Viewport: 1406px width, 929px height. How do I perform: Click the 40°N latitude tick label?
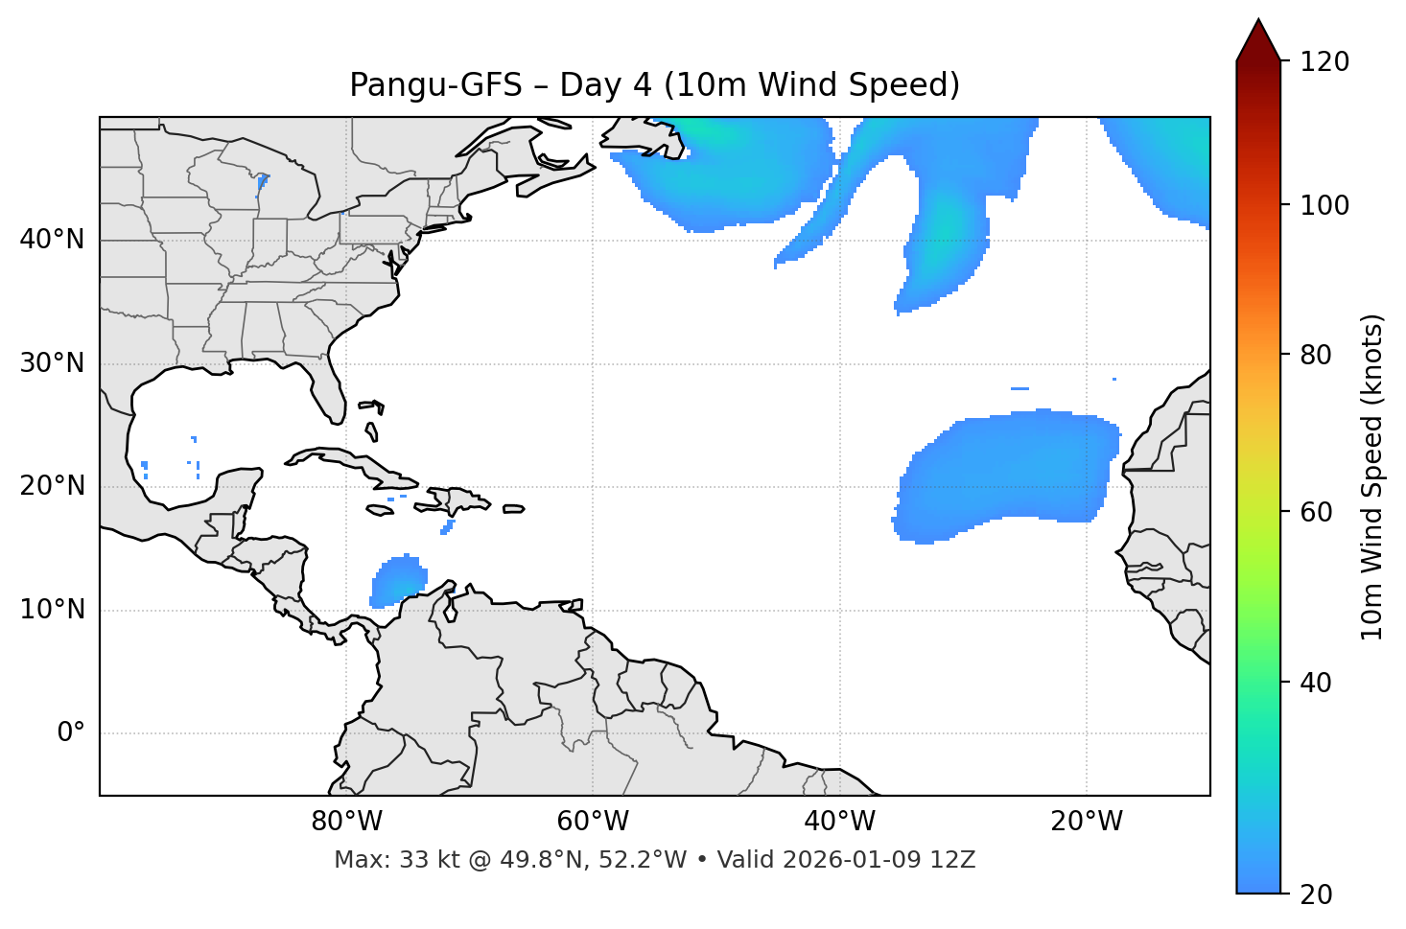click(x=52, y=240)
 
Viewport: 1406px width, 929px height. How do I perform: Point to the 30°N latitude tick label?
click(x=52, y=363)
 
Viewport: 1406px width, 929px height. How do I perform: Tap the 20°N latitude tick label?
click(x=52, y=486)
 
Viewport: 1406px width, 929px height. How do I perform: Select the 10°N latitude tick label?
click(x=52, y=610)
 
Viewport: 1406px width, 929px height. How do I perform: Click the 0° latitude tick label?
click(x=70, y=733)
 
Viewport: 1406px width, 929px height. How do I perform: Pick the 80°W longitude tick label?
click(x=346, y=822)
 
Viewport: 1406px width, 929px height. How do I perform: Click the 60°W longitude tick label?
click(x=593, y=822)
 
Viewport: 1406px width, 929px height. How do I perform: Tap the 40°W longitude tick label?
click(x=839, y=822)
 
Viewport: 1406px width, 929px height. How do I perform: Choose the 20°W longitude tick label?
click(x=1087, y=822)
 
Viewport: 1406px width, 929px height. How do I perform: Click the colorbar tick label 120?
click(x=1324, y=61)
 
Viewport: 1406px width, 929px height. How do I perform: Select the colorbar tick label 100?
click(x=1324, y=205)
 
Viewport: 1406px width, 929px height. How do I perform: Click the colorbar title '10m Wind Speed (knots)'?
click(x=1372, y=477)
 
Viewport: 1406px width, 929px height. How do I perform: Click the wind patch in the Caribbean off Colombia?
click(x=397, y=581)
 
